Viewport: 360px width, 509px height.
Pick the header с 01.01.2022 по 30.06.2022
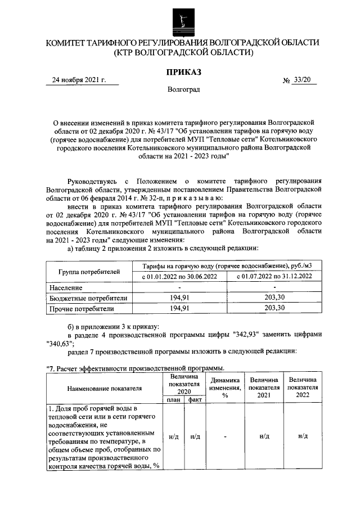178,277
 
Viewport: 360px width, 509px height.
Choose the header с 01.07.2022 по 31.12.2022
274,277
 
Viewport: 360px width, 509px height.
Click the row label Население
65,287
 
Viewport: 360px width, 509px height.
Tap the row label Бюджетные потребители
88,298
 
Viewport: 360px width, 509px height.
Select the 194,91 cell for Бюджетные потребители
178,298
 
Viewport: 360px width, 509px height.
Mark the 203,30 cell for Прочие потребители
274,308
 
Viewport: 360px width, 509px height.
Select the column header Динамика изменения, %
224,388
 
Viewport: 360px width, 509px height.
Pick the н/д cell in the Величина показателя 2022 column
302,436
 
